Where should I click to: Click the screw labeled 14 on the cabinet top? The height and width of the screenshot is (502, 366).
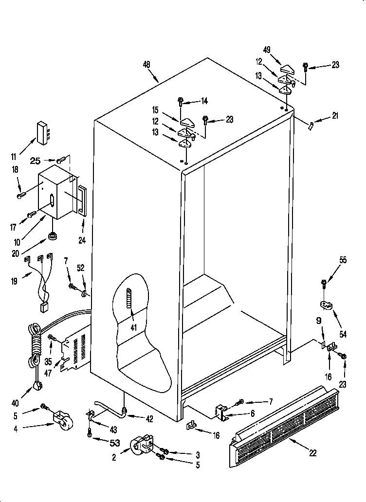[181, 102]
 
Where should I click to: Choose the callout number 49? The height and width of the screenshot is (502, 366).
[267, 49]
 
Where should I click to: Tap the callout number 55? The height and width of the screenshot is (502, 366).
[343, 260]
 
